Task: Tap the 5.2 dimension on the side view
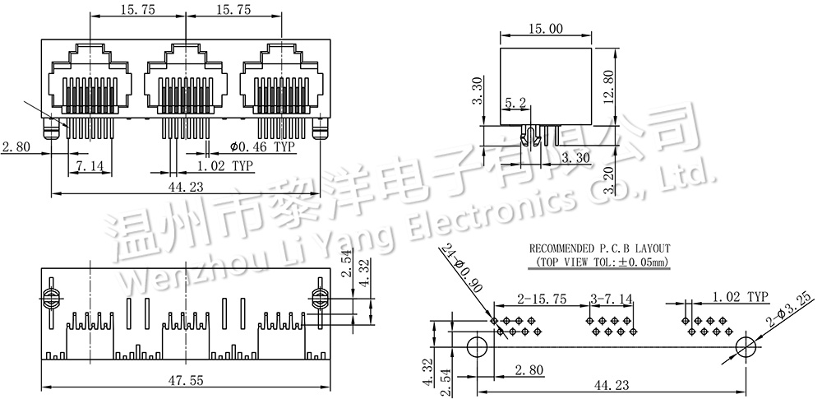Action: click(516, 104)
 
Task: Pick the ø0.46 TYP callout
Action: click(262, 147)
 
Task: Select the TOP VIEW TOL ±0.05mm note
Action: click(599, 262)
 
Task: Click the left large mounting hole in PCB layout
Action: click(477, 346)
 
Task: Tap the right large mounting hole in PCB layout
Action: click(745, 346)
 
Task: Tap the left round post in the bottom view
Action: click(50, 296)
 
